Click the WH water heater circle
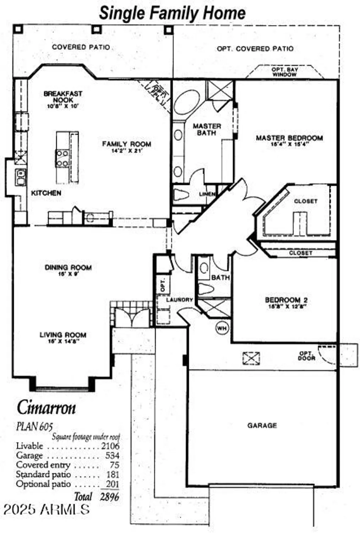(x=222, y=328)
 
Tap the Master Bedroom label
(x=289, y=138)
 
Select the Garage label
(x=262, y=425)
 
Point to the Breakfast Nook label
(x=63, y=97)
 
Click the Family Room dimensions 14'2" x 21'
(x=126, y=151)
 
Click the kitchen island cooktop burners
(x=62, y=158)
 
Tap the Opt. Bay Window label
(x=285, y=72)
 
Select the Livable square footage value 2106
(x=110, y=446)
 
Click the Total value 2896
(x=109, y=497)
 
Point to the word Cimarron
(x=46, y=408)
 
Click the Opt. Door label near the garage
(x=306, y=356)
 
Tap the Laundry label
(x=179, y=300)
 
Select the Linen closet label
(x=207, y=194)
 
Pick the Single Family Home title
(x=172, y=13)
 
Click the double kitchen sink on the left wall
(x=21, y=177)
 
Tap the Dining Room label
(x=68, y=268)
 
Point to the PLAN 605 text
(x=34, y=426)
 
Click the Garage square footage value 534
(x=112, y=456)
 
